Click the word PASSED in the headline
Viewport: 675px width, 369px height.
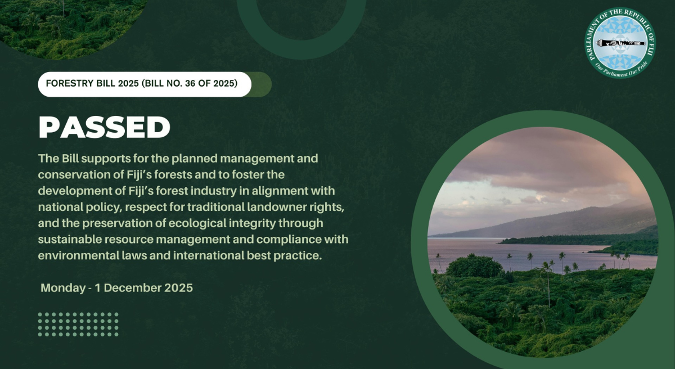[x=104, y=128]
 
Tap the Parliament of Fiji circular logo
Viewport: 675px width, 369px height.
[x=619, y=43]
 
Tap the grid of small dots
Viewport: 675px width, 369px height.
[x=78, y=325]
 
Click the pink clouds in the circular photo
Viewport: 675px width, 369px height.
[x=540, y=163]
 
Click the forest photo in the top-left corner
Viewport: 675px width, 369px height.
[x=67, y=22]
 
